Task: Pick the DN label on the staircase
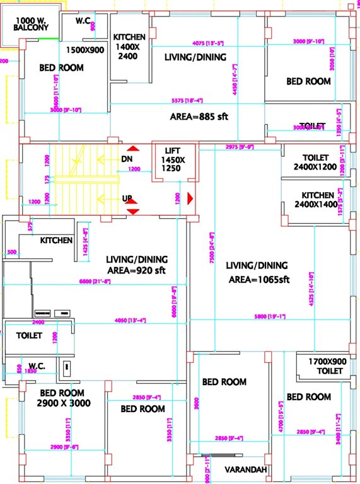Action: point(126,159)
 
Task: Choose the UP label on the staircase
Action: point(126,199)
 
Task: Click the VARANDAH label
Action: point(246,470)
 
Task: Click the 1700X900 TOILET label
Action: point(326,367)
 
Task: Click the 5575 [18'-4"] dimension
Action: point(187,100)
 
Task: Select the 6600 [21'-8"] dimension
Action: point(95,281)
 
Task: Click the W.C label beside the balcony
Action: point(83,21)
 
